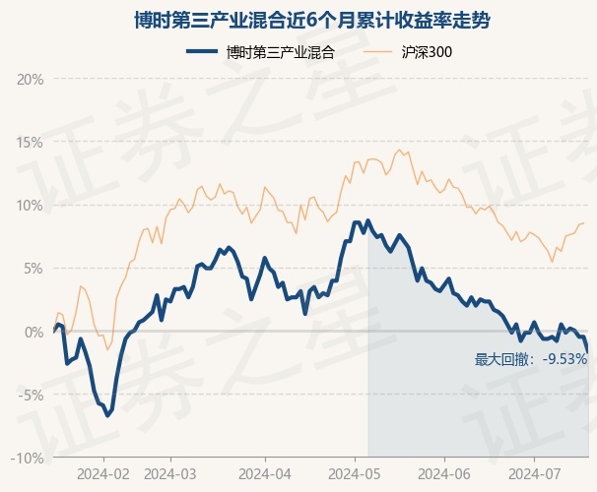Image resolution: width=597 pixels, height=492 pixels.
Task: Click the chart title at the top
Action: (x=298, y=20)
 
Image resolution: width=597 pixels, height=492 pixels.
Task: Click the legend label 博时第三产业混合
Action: (x=281, y=52)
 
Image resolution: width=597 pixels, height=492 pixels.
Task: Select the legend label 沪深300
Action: (x=427, y=52)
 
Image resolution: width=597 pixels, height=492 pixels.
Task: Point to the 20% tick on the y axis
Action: (x=31, y=79)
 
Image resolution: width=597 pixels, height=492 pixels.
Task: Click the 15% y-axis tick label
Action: (x=31, y=142)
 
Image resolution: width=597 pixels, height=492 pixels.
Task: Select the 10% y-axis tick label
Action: (x=31, y=206)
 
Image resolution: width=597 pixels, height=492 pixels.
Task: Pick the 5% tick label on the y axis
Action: (x=33, y=269)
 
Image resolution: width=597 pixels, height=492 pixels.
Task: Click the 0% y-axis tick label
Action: (x=33, y=332)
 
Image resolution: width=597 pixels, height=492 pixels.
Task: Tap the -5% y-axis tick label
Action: (x=32, y=395)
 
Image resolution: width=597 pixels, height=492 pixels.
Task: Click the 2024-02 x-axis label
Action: (x=102, y=472)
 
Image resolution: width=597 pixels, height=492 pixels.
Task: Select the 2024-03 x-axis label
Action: (x=170, y=472)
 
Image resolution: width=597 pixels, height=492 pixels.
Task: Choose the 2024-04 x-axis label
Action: (x=265, y=472)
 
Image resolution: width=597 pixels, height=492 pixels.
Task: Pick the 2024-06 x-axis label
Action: (x=444, y=472)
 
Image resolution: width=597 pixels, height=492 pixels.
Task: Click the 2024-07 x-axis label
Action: (x=533, y=472)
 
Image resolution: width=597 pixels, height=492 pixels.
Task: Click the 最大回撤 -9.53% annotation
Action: (x=531, y=359)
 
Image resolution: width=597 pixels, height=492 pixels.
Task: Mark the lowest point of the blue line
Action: (x=108, y=415)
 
